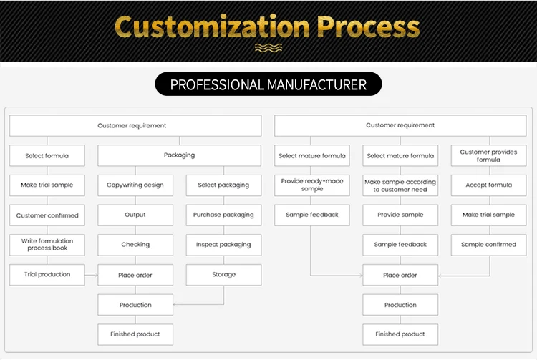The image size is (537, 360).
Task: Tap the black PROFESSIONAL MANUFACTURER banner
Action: (x=268, y=85)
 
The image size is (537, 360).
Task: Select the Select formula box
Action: (x=47, y=156)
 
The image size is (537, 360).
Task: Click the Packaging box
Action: (x=179, y=155)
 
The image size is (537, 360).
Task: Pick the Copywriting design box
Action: (x=135, y=185)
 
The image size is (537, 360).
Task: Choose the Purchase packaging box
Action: (x=223, y=215)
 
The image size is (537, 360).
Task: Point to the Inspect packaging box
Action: (x=223, y=245)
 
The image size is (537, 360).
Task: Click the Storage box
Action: (x=223, y=275)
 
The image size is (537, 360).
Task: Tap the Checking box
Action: (x=135, y=245)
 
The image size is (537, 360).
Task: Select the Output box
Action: (x=135, y=215)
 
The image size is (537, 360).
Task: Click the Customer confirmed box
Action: (x=47, y=215)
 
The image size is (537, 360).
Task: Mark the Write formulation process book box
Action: (x=47, y=245)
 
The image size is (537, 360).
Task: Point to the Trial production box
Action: (x=47, y=275)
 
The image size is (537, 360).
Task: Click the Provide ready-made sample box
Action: (x=312, y=185)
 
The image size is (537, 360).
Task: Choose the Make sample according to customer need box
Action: (x=400, y=185)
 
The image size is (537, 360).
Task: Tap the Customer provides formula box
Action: (x=488, y=156)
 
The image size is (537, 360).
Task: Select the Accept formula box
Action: (x=488, y=185)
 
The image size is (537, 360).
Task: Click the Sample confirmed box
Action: (x=488, y=245)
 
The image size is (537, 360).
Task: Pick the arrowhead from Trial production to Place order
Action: (x=95, y=275)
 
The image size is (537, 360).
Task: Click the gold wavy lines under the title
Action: (x=268, y=48)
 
